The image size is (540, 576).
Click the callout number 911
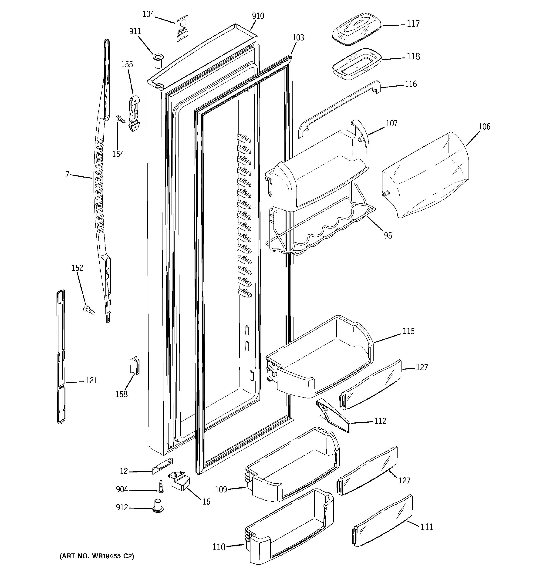point(135,31)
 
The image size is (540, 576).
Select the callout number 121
point(92,381)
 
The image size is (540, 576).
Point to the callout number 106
point(484,127)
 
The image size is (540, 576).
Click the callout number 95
point(388,236)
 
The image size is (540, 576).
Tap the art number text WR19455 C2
point(97,556)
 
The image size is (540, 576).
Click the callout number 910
point(258,16)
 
